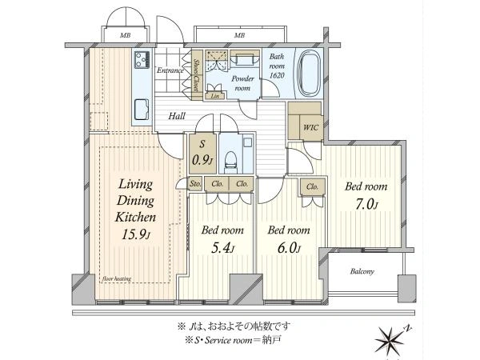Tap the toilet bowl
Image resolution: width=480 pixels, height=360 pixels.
tap(231, 161)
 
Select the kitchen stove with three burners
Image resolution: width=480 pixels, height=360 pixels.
tap(142, 60)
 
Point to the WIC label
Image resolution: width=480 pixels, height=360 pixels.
tap(310, 126)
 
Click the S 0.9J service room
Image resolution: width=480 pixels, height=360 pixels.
tap(202, 154)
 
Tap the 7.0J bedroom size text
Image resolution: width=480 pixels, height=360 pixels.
tap(366, 205)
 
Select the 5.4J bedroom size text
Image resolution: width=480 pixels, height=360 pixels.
tap(223, 249)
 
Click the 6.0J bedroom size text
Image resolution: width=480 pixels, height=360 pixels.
tap(289, 249)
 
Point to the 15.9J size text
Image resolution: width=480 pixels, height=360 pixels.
tap(136, 234)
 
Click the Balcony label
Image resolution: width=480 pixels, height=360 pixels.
tap(362, 271)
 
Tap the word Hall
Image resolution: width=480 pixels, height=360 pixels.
tap(177, 116)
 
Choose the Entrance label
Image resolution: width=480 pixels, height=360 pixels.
tap(170, 70)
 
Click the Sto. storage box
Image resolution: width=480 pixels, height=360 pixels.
tap(195, 184)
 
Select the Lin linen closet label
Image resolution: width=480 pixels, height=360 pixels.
tap(215, 96)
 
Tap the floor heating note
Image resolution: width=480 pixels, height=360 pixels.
tap(117, 278)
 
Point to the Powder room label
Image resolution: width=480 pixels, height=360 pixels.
tap(242, 83)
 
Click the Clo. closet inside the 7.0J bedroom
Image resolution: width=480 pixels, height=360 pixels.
tap(312, 186)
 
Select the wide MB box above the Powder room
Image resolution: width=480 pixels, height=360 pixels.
tap(240, 34)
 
